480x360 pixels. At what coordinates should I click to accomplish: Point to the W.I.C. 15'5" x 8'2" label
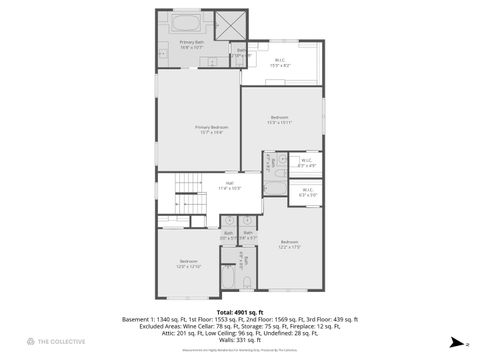pos(280,62)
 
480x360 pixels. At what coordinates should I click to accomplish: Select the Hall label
pos(229,184)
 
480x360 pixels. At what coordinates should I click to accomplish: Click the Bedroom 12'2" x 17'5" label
pos(289,244)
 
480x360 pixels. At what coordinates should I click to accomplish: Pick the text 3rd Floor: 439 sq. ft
pos(329,319)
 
